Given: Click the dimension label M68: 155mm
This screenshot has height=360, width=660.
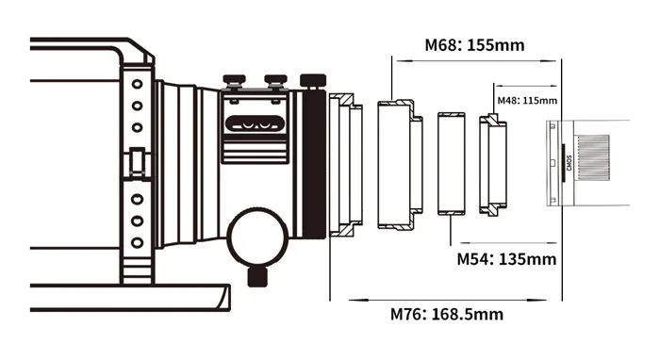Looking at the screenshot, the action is point(474,45).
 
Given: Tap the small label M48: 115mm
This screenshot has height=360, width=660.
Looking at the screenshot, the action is point(527,101).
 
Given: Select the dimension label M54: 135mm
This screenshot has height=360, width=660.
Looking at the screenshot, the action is point(506,259).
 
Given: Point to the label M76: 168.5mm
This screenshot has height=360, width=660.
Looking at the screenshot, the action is point(447,314).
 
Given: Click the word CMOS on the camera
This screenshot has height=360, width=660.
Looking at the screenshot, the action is point(569,163).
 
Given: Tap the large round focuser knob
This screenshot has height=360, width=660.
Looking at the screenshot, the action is point(257,237).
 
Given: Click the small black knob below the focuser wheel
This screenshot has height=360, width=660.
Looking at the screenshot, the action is point(257,277).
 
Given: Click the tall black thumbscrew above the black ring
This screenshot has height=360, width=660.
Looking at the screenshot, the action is point(313,81).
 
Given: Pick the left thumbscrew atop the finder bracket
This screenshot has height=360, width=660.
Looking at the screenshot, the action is point(235,81).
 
